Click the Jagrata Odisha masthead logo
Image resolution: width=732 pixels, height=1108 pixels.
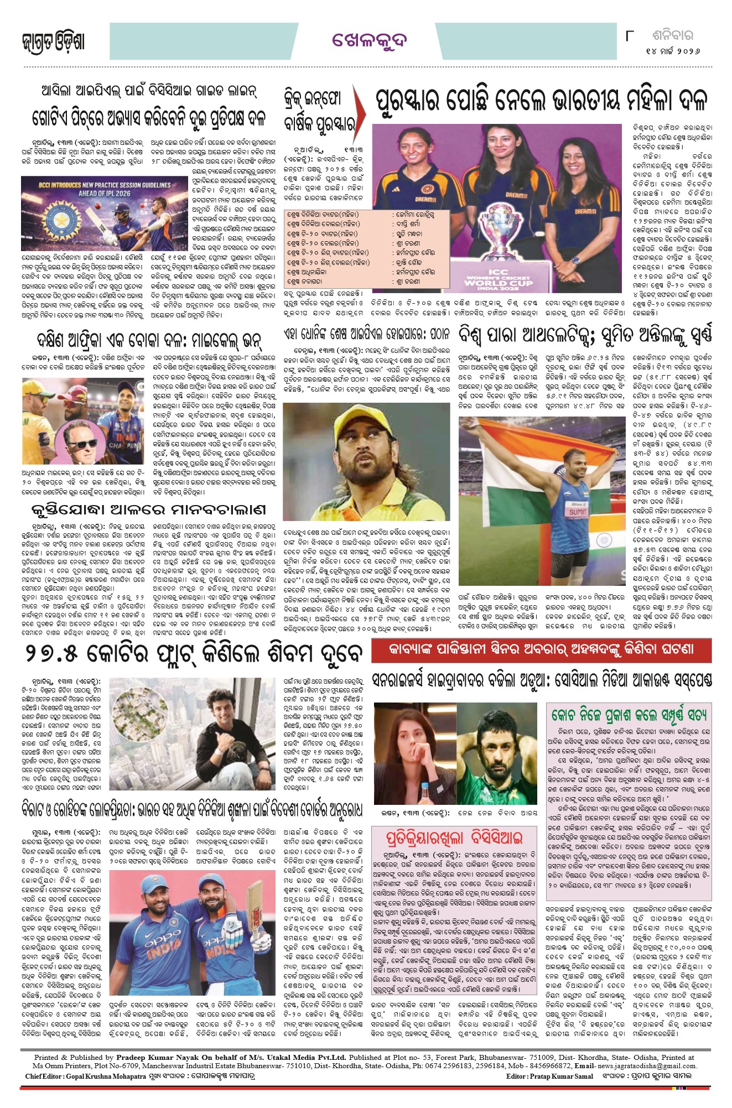(54, 42)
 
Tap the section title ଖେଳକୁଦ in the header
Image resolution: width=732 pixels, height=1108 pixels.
(369, 40)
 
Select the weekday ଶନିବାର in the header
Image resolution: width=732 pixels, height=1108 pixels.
(672, 35)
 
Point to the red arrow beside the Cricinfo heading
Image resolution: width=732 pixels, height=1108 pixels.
(360, 106)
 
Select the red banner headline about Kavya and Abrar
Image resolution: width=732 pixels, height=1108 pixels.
(541, 650)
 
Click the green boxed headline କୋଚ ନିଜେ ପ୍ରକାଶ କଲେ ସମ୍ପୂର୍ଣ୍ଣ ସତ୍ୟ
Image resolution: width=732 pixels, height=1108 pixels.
(629, 715)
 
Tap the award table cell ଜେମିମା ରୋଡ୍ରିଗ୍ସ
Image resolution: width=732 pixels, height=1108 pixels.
(416, 214)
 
